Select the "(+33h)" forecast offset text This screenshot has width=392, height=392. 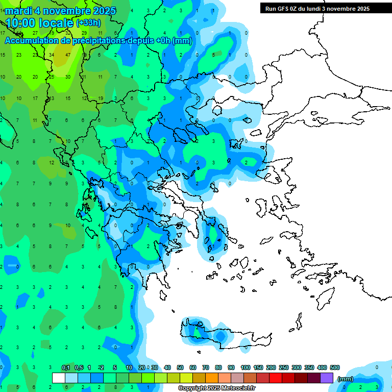tap(89, 23)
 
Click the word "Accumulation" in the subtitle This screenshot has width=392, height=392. tap(36, 40)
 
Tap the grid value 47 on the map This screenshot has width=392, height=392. tap(68, 55)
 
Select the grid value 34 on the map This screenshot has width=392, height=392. tap(52, 55)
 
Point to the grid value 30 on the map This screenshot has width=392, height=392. tap(68, 77)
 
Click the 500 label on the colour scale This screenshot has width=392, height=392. tap(335, 367)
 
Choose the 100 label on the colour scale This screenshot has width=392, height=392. tap(246, 367)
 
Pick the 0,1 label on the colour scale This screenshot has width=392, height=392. tap(66, 367)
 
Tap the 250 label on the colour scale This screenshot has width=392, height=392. tap(284, 367)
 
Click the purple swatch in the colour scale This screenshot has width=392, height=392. tap(327, 378)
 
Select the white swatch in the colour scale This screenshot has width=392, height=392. tap(59, 378)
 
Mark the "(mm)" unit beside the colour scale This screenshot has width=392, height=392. tap(346, 379)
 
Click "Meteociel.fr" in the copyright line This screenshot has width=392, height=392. tap(232, 388)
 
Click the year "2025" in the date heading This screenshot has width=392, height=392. tap(100, 11)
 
